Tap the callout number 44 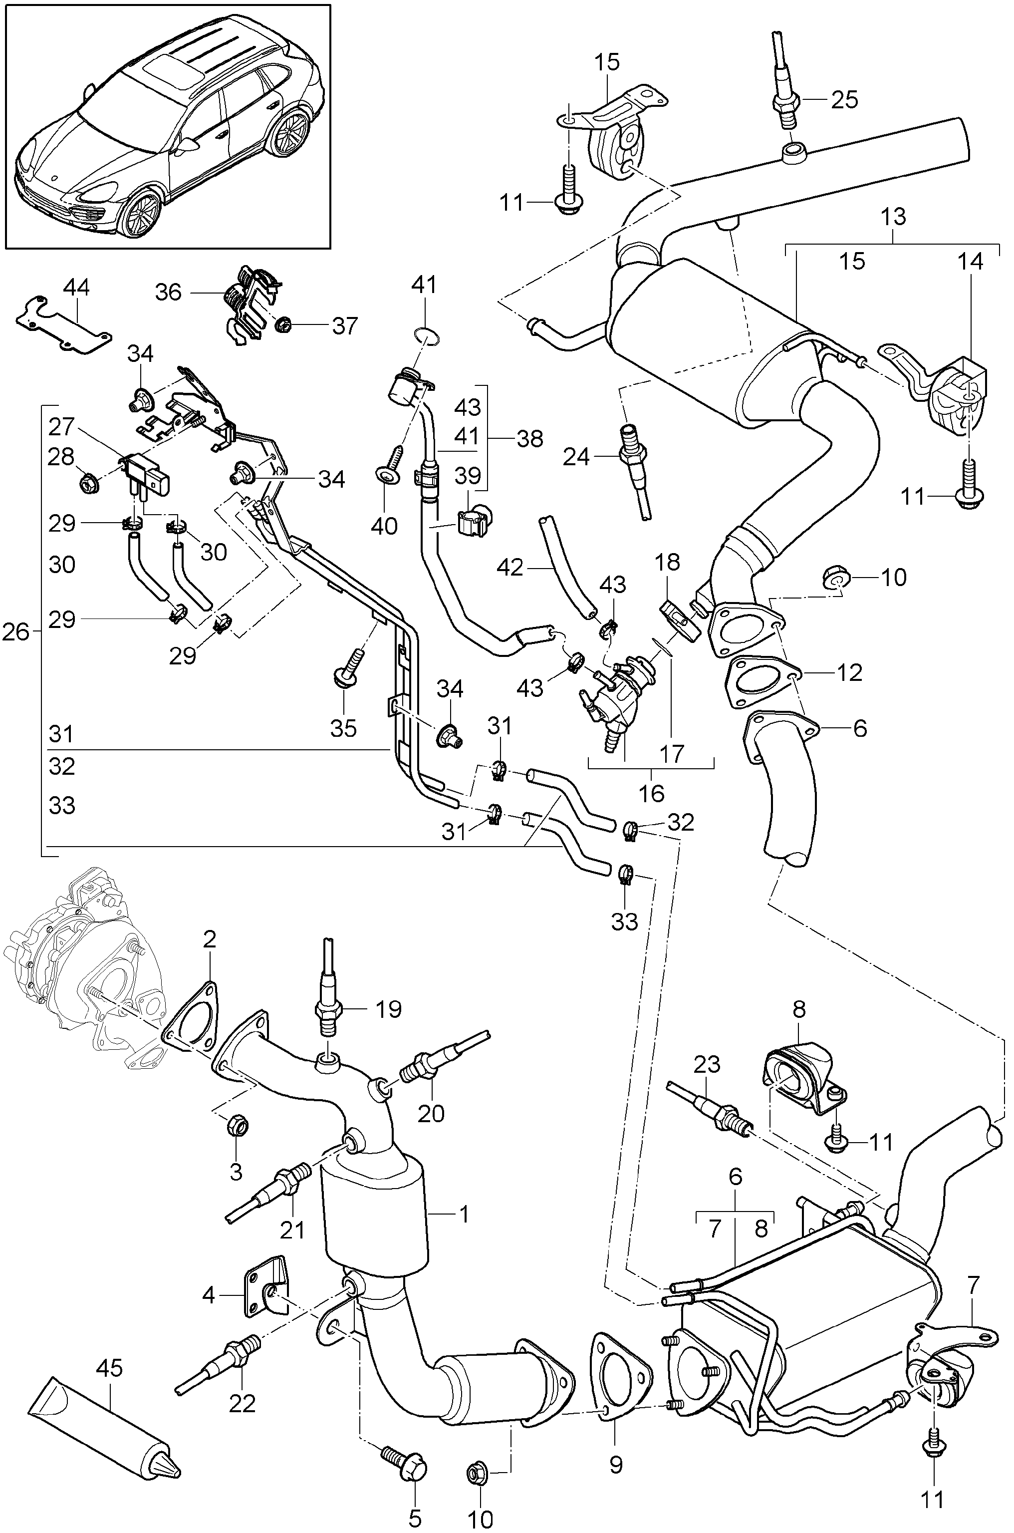click(x=76, y=288)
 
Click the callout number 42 click(x=511, y=568)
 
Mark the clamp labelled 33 click(x=625, y=875)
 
